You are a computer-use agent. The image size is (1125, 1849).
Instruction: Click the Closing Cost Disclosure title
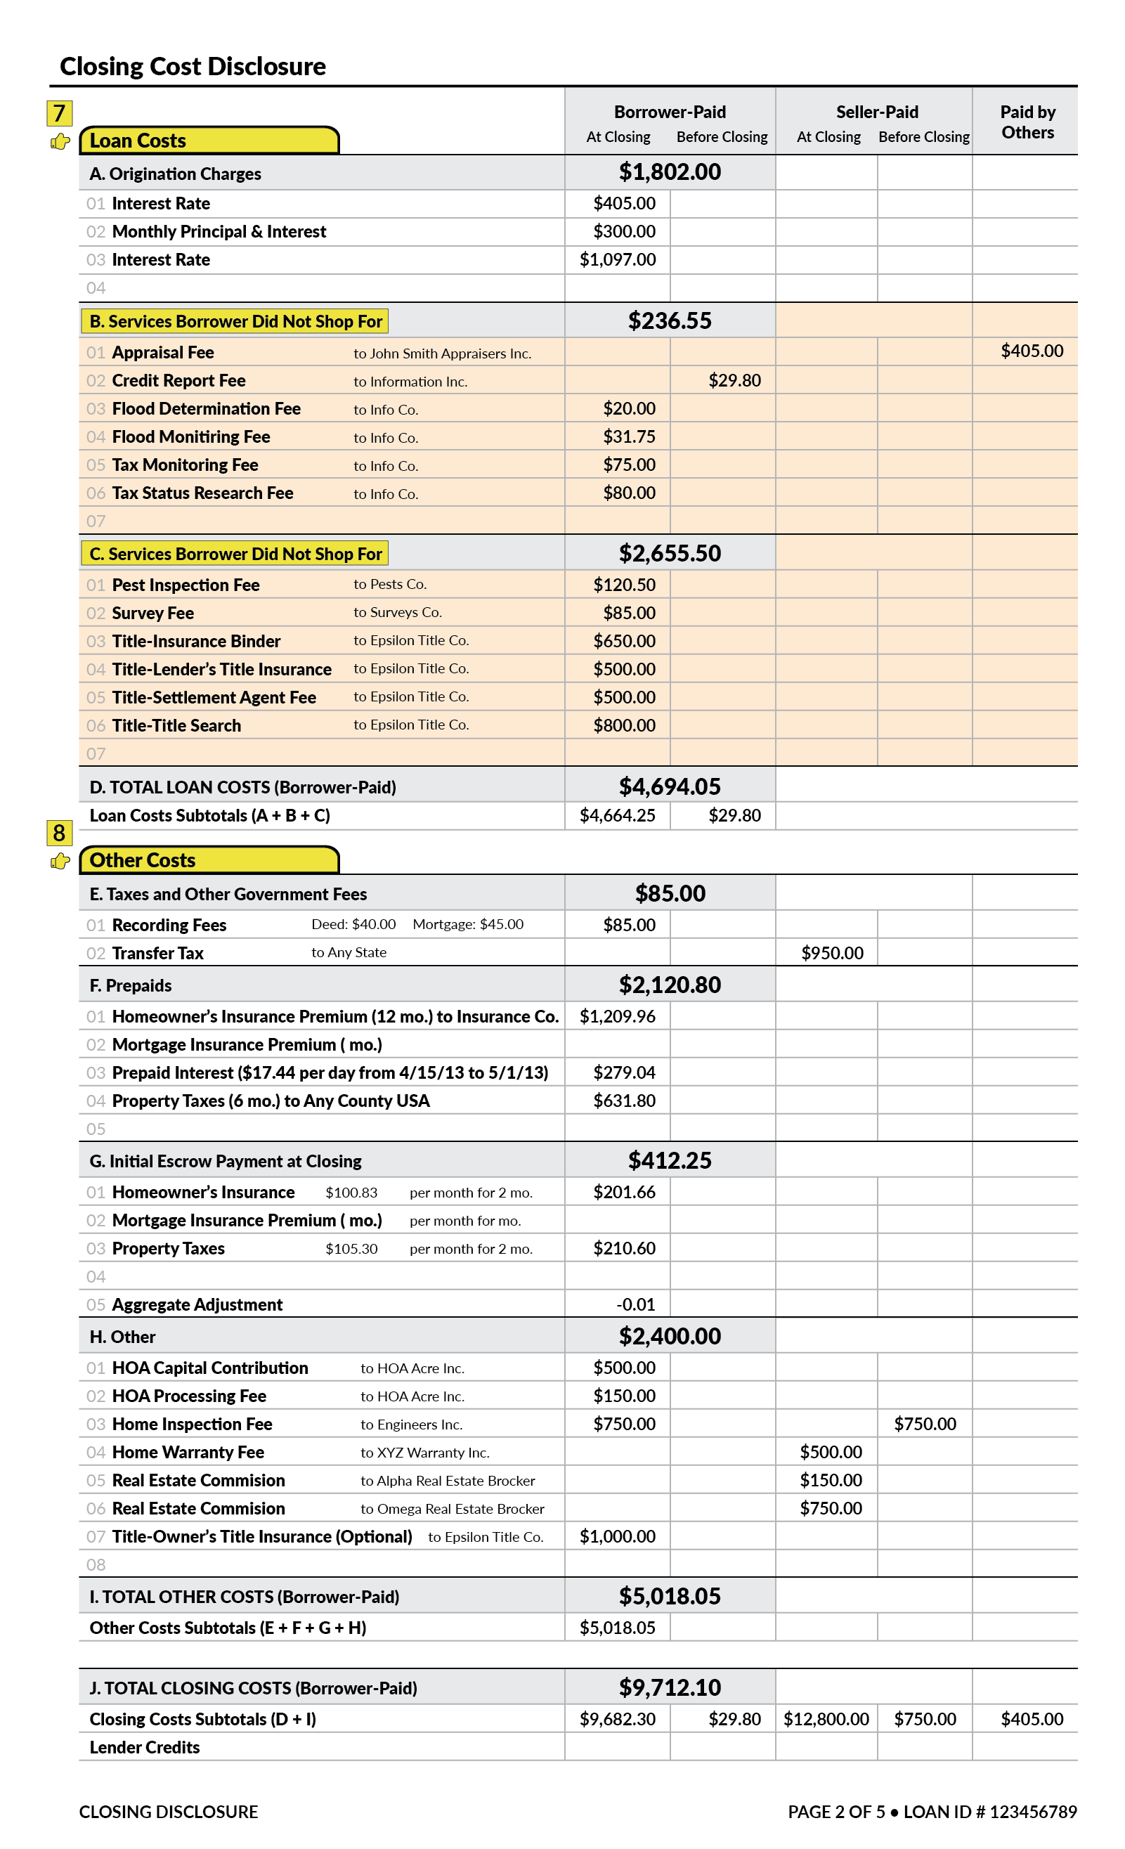point(192,66)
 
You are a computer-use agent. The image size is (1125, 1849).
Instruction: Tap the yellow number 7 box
point(59,113)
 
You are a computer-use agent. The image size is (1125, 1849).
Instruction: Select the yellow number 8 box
point(59,832)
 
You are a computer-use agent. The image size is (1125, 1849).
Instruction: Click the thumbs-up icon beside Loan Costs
point(60,141)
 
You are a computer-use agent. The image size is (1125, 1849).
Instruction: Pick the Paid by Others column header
point(1027,122)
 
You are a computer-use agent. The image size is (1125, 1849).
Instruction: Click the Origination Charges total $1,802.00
point(670,172)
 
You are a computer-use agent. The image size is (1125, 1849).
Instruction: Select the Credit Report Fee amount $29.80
point(734,380)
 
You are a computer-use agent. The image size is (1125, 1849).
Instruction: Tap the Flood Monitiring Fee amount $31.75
point(629,436)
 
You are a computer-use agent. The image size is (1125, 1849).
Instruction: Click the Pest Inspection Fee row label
point(186,585)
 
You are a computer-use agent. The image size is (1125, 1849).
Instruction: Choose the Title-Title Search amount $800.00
point(624,725)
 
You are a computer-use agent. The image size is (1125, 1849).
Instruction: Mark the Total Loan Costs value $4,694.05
point(670,786)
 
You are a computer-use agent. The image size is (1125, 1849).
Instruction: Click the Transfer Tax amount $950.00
point(831,952)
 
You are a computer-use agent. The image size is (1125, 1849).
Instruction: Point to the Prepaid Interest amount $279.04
point(624,1072)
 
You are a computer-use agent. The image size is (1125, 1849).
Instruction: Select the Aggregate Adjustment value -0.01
point(635,1304)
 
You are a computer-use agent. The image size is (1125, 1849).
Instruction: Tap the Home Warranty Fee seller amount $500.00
point(830,1451)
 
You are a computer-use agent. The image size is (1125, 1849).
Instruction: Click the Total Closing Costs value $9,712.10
point(670,1687)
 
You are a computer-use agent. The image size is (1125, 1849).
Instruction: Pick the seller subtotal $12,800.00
point(826,1718)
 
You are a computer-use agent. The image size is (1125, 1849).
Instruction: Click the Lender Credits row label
point(144,1747)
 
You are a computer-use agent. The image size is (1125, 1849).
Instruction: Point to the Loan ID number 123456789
point(1032,1812)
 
